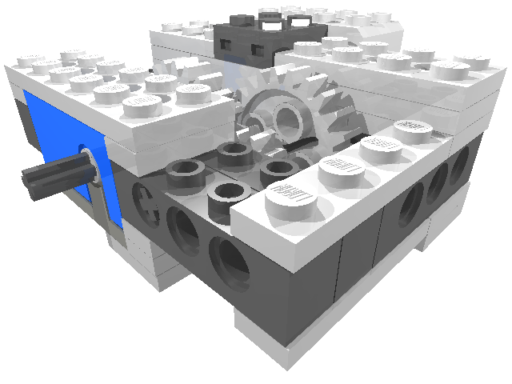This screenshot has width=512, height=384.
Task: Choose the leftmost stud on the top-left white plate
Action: pos(30,62)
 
